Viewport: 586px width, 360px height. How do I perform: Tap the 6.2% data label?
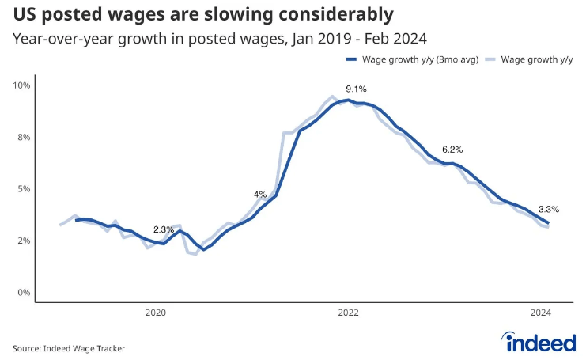[x=452, y=149]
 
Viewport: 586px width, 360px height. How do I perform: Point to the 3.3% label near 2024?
[x=549, y=210]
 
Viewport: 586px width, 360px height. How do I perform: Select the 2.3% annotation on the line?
[x=164, y=229]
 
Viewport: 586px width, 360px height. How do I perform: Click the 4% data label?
[x=260, y=194]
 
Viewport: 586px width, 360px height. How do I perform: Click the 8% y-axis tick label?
[x=25, y=137]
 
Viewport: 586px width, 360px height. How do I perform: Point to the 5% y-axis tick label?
[x=25, y=188]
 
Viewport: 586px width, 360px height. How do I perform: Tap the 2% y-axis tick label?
[x=25, y=241]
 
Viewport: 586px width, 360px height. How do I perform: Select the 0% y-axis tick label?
[x=25, y=292]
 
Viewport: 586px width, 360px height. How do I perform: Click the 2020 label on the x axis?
[x=156, y=313]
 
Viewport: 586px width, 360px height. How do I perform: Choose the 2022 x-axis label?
[x=349, y=313]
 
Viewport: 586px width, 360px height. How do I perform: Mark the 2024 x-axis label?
[x=542, y=313]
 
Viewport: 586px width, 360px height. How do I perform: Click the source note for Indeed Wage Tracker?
[x=69, y=347]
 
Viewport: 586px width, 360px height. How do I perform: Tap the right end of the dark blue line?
[x=548, y=223]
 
